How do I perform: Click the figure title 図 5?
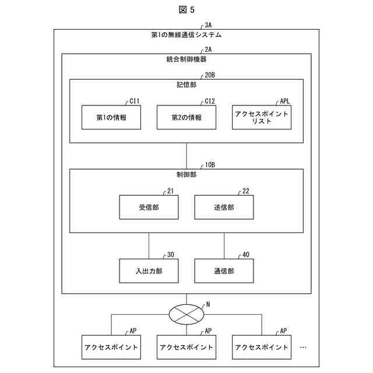[186, 9]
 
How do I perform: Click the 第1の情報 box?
[111, 117]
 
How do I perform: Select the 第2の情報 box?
[186, 117]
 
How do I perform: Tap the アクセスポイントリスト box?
[261, 117]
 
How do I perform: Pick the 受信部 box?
[149, 207]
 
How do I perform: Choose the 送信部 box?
[224, 207]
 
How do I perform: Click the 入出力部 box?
[149, 270]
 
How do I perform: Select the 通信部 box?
[224, 270]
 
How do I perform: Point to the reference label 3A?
[209, 26]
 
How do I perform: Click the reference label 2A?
[209, 50]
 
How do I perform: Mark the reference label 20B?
[210, 75]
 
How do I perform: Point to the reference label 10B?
[210, 165]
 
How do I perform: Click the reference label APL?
[284, 101]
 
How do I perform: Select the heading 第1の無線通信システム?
[186, 35]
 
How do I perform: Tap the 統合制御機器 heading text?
[186, 59]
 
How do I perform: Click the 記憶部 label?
[186, 85]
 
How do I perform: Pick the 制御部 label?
[186, 174]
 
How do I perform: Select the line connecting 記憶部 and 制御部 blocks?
[186, 156]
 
